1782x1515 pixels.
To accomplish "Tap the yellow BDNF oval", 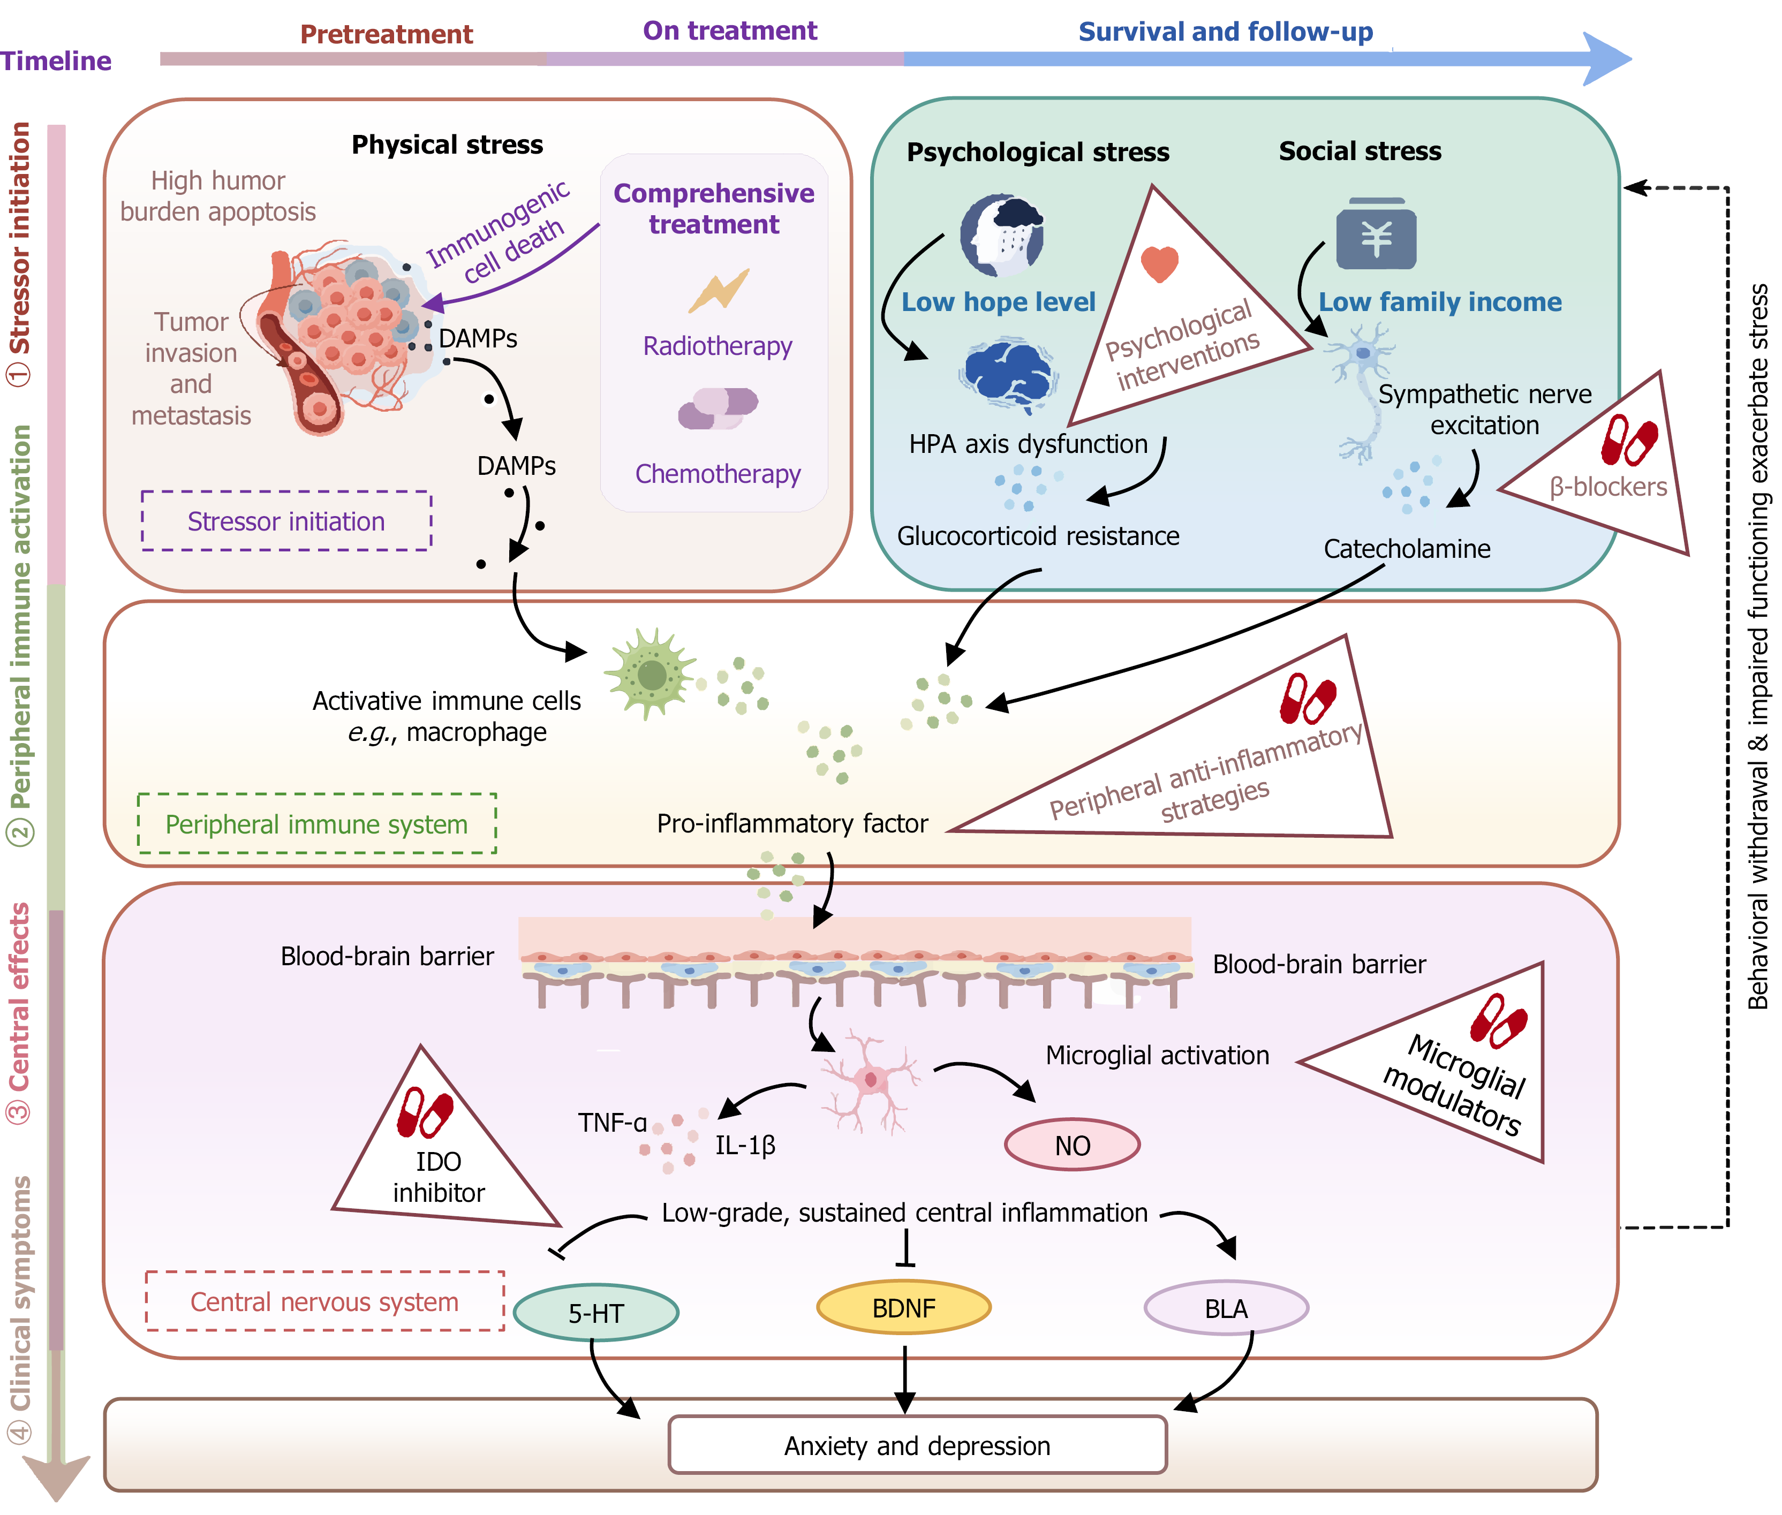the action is [x=903, y=1307].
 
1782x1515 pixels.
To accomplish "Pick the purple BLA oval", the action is [x=1226, y=1308].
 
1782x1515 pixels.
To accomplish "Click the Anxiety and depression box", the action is [x=917, y=1445].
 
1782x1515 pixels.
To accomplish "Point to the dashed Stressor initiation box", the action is [x=286, y=520].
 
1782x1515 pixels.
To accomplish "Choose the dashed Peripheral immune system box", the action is [x=317, y=824].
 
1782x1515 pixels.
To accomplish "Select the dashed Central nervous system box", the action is [x=324, y=1301].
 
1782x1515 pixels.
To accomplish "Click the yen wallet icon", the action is [x=1376, y=233].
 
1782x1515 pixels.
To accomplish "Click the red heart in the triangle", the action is [x=1159, y=263].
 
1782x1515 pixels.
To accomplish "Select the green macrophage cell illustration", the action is [x=650, y=674].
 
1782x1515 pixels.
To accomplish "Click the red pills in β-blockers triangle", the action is [x=1628, y=440].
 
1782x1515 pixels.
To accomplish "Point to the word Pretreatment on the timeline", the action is [x=387, y=34].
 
